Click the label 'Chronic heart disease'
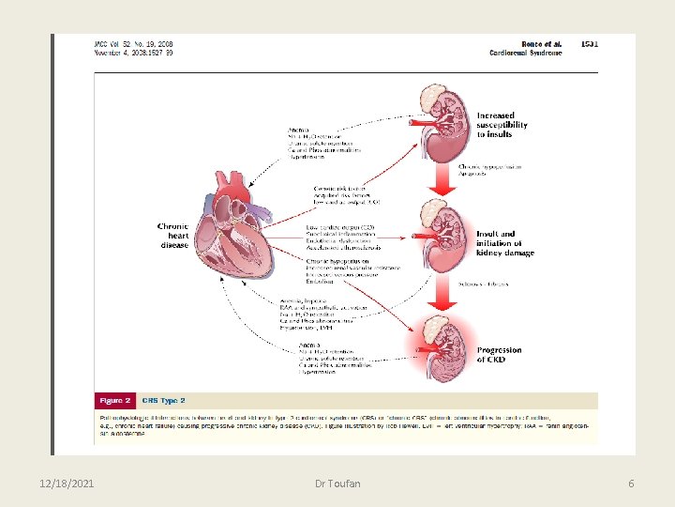click(x=173, y=235)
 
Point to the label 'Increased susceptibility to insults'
click(x=502, y=125)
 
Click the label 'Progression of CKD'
click(x=499, y=355)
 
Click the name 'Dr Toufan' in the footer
click(x=338, y=483)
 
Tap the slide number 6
click(x=631, y=483)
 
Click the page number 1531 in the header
click(x=590, y=43)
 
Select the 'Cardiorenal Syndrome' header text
click(x=526, y=54)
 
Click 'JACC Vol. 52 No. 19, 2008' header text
click(x=133, y=44)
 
